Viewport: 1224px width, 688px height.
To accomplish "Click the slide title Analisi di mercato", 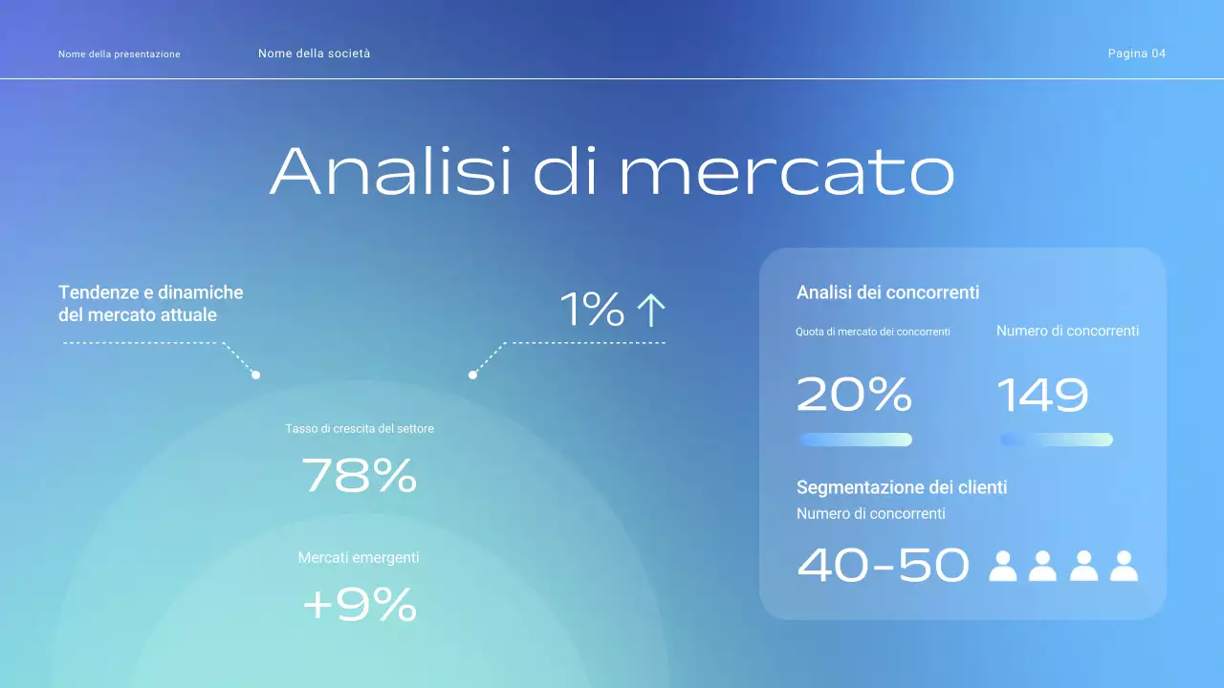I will [612, 171].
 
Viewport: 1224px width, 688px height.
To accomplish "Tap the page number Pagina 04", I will [1136, 54].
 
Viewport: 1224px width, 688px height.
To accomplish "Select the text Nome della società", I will [314, 54].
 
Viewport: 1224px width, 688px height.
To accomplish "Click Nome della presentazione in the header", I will [119, 54].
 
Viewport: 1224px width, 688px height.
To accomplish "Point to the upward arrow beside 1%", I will [650, 311].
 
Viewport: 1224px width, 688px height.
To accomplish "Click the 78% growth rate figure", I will [360, 475].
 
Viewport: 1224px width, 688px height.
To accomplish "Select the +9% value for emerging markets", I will [360, 604].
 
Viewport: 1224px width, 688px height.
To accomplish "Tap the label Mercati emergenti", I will [359, 557].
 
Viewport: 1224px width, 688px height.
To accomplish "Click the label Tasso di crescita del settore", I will [360, 428].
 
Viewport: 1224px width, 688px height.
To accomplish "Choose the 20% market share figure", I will [854, 395].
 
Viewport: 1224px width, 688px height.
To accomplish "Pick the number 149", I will [1042, 395].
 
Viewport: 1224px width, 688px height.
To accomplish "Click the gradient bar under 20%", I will [855, 440].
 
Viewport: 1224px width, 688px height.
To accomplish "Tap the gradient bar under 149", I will [1056, 440].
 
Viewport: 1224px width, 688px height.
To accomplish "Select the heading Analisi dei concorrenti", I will [887, 292].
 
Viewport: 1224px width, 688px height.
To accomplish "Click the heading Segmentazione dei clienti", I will [902, 487].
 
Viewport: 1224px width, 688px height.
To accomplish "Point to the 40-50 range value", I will [883, 565].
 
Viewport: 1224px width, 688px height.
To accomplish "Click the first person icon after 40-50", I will [1002, 566].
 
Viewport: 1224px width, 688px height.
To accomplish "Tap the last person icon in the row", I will [1124, 566].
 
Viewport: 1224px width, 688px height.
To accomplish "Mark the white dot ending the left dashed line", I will [255, 375].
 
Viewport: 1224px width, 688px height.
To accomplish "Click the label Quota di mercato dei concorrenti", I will [872, 332].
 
